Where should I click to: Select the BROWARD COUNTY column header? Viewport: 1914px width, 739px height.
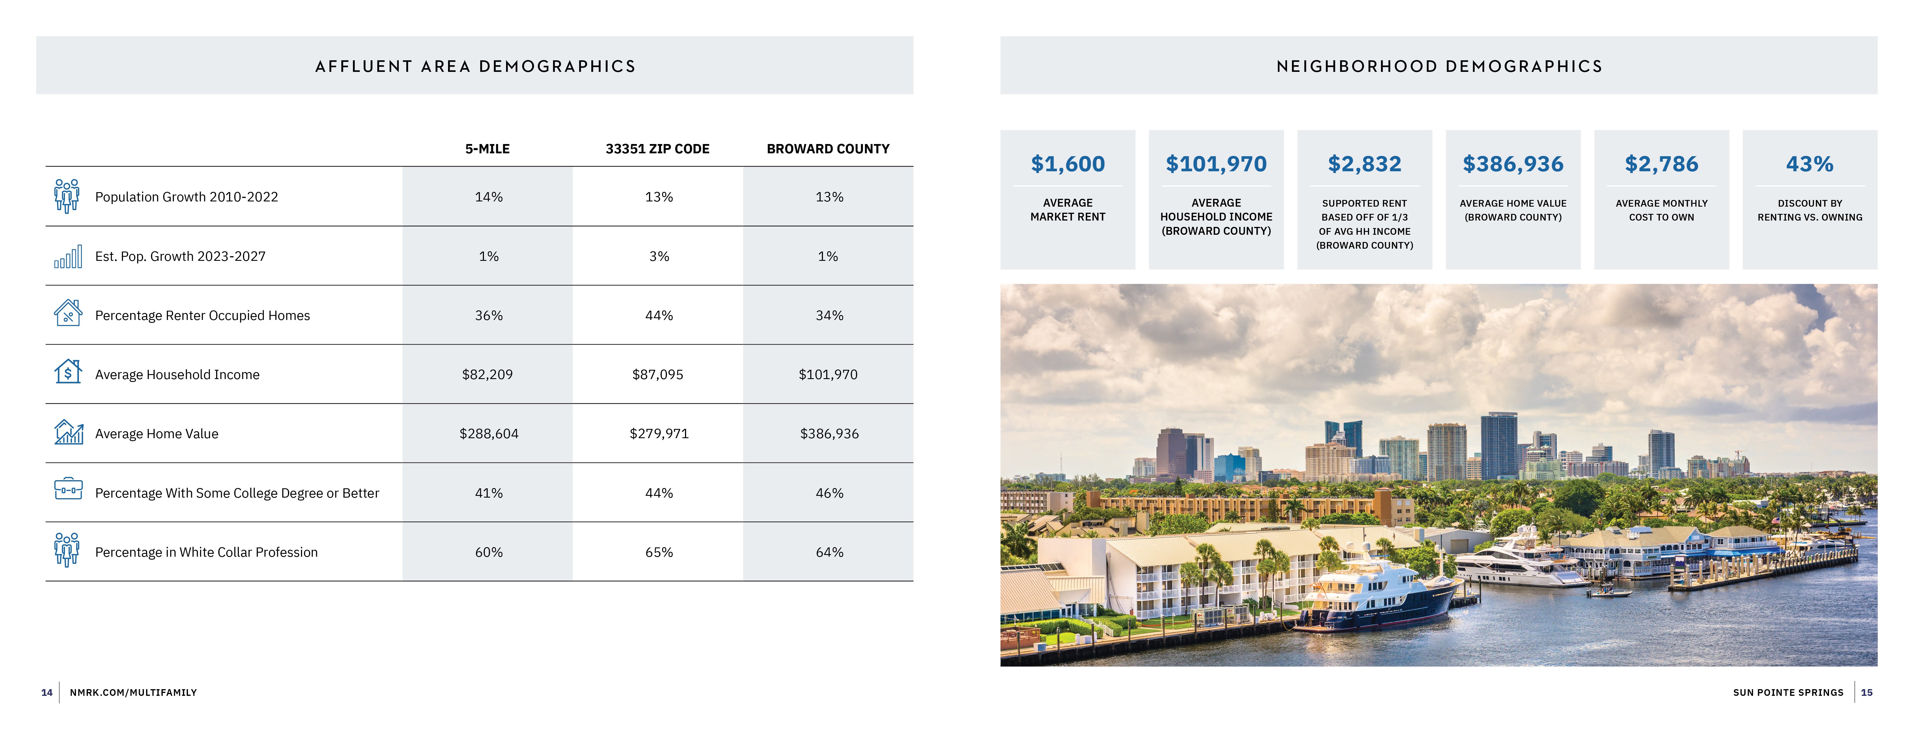tap(828, 149)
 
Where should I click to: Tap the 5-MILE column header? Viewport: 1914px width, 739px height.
tap(487, 149)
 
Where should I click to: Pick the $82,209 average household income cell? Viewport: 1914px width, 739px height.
tap(487, 374)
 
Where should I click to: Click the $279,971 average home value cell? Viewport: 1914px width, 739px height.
tap(658, 434)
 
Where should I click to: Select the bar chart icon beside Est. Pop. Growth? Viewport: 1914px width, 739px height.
tap(68, 257)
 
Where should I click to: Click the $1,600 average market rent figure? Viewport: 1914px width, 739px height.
tap(1068, 163)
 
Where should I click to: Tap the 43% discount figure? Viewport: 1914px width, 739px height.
tap(1809, 163)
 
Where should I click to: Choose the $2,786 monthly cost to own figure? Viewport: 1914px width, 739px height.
tap(1661, 163)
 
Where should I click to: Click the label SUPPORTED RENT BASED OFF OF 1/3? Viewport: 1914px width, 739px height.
tap(1364, 210)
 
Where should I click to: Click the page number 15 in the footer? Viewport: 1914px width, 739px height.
tap(1866, 692)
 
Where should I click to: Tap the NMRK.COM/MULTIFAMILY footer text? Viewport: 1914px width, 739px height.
tap(133, 692)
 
